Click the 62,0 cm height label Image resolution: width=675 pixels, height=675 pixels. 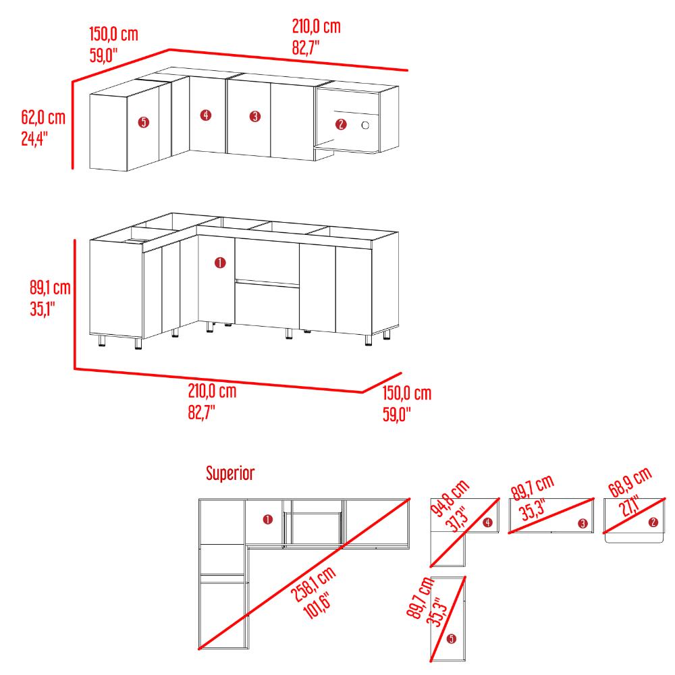coord(43,117)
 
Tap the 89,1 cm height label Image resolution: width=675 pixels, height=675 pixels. coord(50,288)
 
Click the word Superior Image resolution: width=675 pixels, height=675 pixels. coord(230,473)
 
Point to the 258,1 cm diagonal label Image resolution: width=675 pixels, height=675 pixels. coord(313,584)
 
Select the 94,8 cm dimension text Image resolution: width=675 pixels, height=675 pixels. coord(450,497)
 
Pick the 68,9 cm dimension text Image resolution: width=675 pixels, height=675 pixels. coord(630,482)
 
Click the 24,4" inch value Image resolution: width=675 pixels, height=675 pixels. coord(34,138)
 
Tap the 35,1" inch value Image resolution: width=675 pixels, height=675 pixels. coord(43,308)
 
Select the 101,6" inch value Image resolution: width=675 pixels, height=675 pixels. coord(317,605)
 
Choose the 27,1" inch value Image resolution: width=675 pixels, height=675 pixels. coord(629,506)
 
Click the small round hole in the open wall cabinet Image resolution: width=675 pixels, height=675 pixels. coord(365,126)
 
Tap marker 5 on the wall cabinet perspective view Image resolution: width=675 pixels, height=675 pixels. coord(143,122)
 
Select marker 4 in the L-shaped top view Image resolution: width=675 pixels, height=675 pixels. coord(487,522)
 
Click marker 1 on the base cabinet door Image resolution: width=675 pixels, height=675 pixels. coord(220,263)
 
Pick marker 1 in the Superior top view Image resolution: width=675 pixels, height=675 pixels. coord(268,520)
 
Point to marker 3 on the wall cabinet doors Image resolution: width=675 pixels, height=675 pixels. coord(255,116)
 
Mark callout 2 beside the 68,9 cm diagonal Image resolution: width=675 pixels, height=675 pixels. coord(653,522)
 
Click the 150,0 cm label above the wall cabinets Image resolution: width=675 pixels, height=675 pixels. coord(113,34)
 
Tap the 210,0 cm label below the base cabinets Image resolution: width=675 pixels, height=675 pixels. coord(212,391)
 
